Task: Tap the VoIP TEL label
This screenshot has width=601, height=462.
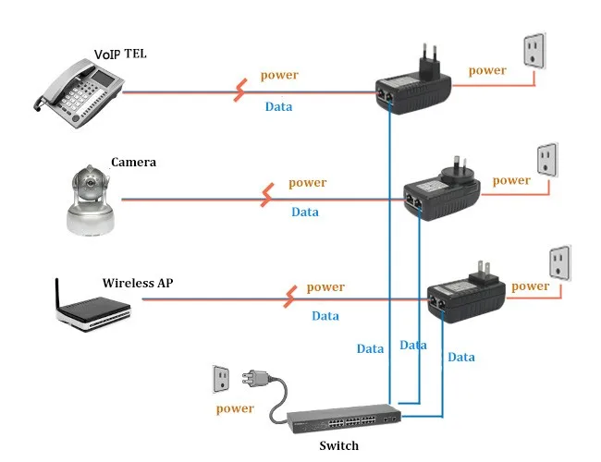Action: tap(121, 55)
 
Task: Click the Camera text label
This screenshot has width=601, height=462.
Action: tap(133, 162)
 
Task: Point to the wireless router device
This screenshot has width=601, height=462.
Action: tap(93, 309)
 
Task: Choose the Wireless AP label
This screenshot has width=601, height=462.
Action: tap(139, 283)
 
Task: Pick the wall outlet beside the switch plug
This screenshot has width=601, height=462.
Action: tap(221, 379)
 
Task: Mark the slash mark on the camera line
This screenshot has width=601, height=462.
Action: tap(268, 196)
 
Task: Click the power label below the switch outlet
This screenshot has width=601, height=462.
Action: tap(235, 408)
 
